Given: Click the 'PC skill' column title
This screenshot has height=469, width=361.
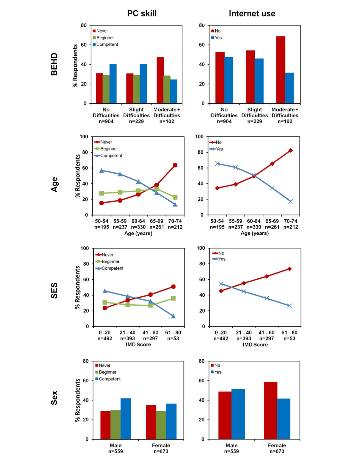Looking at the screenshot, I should point(142,14).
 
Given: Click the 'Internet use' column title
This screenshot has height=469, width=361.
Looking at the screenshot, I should point(252,14).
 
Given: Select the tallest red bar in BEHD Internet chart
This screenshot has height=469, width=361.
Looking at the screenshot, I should point(280,70).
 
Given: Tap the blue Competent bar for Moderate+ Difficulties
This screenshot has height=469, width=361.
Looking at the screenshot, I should point(174,91).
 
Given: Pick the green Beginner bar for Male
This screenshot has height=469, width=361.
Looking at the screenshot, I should point(115,425).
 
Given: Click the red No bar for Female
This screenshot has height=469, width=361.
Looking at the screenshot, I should point(270,410).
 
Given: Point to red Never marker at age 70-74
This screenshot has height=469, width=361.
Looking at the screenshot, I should point(175,165).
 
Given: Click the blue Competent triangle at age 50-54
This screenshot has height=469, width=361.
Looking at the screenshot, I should point(102,170).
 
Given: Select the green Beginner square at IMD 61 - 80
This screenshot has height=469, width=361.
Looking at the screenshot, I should point(173,298).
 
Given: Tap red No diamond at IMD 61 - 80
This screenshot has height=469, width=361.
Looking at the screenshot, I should point(289,269).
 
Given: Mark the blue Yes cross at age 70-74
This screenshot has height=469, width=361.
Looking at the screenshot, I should point(290,201).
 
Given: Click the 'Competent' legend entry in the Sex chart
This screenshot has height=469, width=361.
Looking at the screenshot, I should point(110,379).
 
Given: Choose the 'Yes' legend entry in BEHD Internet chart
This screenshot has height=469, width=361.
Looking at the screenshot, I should point(218,38).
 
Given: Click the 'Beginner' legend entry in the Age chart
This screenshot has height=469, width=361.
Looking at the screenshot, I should point(109,149).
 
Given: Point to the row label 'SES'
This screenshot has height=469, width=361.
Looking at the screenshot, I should point(54,290).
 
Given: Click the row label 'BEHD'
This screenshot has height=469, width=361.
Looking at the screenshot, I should point(54,64).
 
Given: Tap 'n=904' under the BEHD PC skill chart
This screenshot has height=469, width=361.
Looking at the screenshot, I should point(106,121).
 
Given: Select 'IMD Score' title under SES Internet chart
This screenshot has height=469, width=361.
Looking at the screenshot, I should point(255,345).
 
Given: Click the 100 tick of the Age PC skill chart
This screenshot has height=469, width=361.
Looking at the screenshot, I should point(84,137).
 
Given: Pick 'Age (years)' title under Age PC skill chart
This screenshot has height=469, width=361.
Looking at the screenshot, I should point(138,233).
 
